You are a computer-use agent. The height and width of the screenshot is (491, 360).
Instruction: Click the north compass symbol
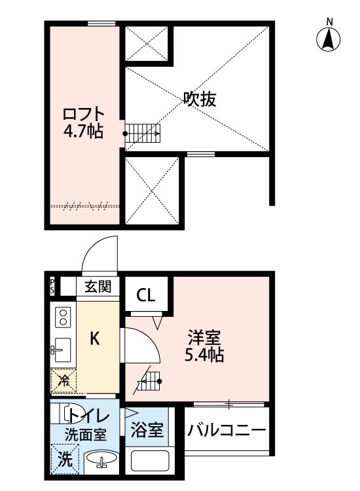(x=330, y=39)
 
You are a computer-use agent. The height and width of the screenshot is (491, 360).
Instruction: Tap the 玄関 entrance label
(x=97, y=286)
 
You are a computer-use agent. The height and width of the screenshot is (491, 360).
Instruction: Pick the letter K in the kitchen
(x=94, y=338)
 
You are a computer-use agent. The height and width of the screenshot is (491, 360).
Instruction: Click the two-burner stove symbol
(x=63, y=318)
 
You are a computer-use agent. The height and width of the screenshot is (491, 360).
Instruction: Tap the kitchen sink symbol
(x=63, y=350)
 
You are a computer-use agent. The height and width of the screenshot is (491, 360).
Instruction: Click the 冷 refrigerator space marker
(x=64, y=380)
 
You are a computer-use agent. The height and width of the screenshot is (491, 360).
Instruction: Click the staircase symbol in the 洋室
(x=150, y=380)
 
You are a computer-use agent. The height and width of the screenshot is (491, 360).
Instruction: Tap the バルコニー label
(x=226, y=431)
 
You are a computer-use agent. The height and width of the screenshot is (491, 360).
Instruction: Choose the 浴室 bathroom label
(x=147, y=431)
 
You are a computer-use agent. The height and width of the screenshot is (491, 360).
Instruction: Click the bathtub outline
(x=149, y=461)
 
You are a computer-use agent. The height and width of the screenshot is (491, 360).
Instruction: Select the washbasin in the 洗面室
(x=101, y=461)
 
